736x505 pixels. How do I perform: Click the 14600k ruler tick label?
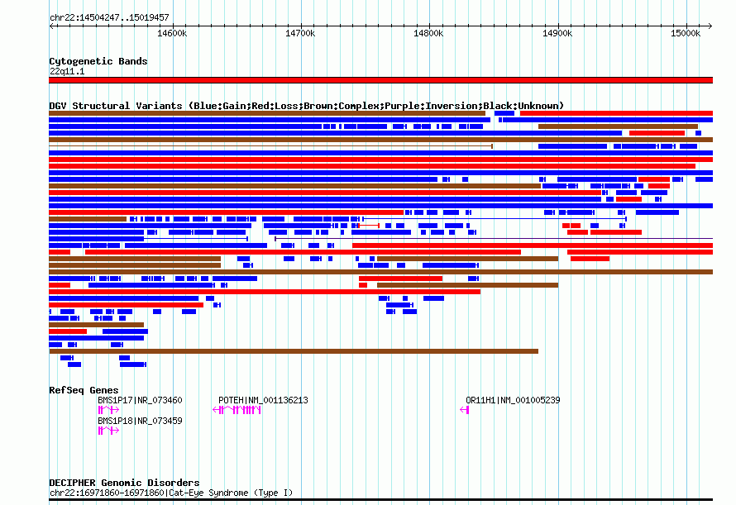click(172, 33)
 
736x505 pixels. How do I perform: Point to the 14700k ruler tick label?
click(300, 33)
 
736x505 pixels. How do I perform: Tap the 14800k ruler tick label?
click(428, 33)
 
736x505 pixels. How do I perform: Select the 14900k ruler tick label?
click(557, 33)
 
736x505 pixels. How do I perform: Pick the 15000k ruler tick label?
click(686, 33)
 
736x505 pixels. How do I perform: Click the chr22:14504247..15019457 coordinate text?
click(109, 18)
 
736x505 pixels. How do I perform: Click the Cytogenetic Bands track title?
click(98, 61)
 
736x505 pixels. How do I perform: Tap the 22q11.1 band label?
click(67, 71)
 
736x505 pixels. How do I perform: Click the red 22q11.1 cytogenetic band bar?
click(380, 80)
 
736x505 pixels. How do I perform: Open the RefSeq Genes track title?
click(84, 390)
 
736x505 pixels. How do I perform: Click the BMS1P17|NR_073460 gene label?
click(140, 400)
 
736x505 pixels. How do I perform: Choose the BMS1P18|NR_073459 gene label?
click(140, 421)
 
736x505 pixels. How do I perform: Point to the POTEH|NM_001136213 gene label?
click(263, 400)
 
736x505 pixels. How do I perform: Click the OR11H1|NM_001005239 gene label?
click(513, 400)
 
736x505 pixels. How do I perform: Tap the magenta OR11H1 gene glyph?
click(465, 410)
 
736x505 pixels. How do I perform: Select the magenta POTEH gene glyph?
click(237, 410)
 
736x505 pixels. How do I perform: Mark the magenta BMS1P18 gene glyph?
click(108, 431)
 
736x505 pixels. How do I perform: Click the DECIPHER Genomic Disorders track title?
click(124, 483)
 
